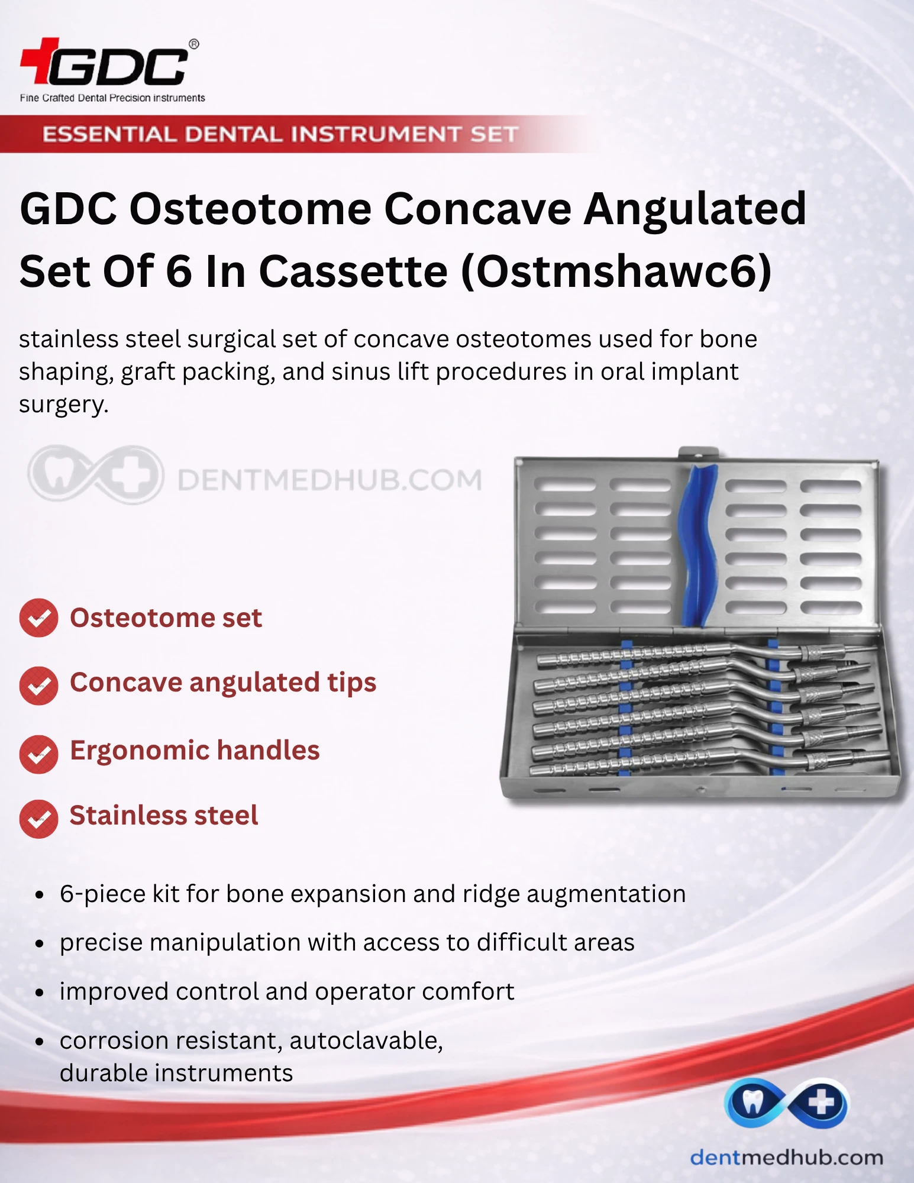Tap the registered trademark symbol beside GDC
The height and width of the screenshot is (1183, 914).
click(193, 44)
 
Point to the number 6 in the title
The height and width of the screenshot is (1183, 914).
click(179, 271)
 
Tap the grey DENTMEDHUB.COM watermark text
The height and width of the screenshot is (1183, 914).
click(330, 480)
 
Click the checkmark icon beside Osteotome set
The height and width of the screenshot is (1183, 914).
click(39, 618)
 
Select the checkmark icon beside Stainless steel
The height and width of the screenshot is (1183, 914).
click(39, 819)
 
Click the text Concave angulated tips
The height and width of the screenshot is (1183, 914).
click(223, 683)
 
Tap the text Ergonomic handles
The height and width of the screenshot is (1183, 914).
click(195, 751)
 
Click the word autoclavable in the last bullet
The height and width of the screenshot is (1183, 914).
click(366, 1040)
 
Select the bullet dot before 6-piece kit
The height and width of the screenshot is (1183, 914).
click(40, 895)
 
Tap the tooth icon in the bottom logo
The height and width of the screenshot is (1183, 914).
click(752, 1101)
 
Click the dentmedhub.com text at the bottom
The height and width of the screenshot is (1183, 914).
click(786, 1157)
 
